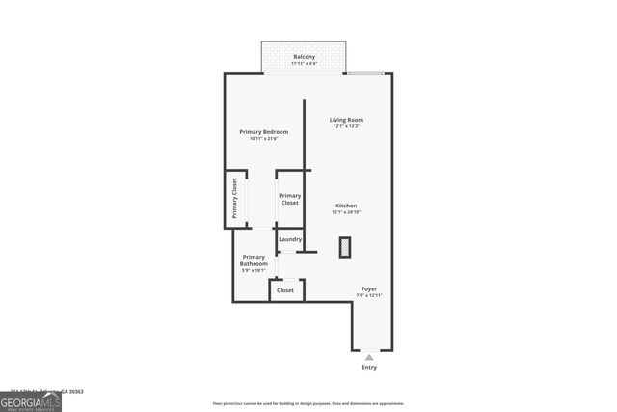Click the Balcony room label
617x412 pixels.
(x=305, y=57)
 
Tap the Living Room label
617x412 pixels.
(x=346, y=120)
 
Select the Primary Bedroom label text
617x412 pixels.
(x=264, y=131)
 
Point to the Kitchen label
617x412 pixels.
(x=346, y=206)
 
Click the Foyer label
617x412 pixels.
(x=369, y=288)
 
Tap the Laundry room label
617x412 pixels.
(x=290, y=239)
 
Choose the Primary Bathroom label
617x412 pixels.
(x=255, y=261)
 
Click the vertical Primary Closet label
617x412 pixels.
(x=234, y=198)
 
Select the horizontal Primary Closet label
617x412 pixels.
(x=290, y=199)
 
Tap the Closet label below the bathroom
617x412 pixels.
(x=285, y=289)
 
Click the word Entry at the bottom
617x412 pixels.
(x=369, y=367)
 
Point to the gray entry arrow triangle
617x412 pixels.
(x=369, y=356)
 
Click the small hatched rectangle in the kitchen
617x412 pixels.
(x=345, y=247)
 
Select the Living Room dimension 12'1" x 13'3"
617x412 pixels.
(x=346, y=126)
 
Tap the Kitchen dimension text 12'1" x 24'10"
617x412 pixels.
(x=346, y=212)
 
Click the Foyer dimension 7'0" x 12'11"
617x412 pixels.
(x=369, y=294)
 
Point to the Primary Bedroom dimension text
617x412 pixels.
(x=264, y=138)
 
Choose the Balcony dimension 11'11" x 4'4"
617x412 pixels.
(x=305, y=64)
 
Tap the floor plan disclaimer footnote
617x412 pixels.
(x=308, y=402)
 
